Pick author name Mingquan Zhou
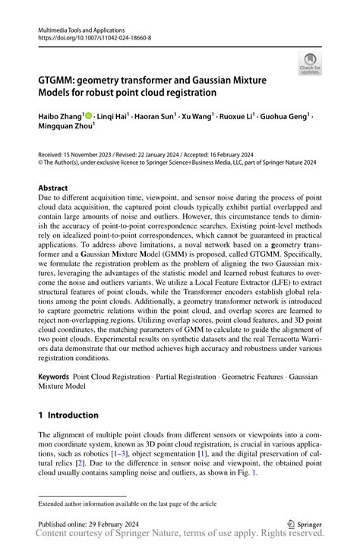point(69,128)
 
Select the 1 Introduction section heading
point(68,415)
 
